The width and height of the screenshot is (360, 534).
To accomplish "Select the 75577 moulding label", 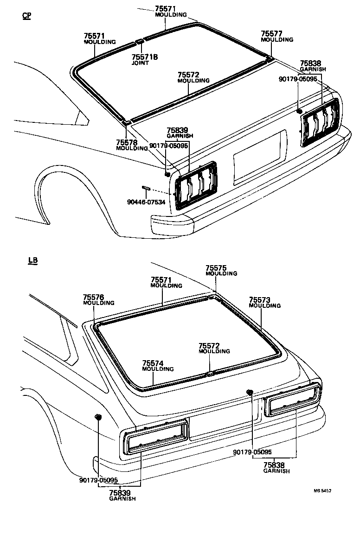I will point(271,34).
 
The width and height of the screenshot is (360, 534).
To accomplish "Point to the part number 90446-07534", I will point(146,202).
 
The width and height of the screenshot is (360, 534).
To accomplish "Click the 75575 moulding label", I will point(216,268).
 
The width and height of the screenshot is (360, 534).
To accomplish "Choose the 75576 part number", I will point(94,297).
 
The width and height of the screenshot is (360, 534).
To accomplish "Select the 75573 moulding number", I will point(260,300).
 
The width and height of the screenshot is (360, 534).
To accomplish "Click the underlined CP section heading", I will point(27,16).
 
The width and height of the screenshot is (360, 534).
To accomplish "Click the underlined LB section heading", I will point(32,261).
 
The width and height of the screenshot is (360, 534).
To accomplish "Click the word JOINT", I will point(139,63).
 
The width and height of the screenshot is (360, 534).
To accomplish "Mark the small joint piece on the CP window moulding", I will point(139,42).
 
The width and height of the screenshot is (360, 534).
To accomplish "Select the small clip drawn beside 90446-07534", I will point(146,187).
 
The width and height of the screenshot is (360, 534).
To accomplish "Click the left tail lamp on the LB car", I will point(155,436).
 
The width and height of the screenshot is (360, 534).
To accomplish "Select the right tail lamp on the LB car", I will point(292,399).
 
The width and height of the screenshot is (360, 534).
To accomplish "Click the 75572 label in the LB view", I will point(209,346).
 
